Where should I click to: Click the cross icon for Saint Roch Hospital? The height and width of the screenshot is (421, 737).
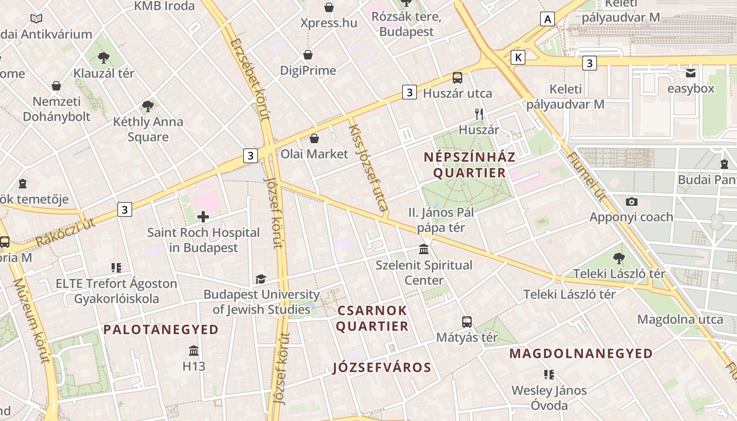pyautogui.click(x=203, y=216)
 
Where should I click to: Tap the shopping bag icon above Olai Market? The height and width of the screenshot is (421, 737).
pyautogui.click(x=314, y=138)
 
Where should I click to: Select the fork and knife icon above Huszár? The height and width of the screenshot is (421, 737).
pyautogui.click(x=479, y=114)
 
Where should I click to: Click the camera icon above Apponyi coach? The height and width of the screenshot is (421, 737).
pyautogui.click(x=631, y=202)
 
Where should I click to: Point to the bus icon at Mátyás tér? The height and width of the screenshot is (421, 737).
pyautogui.click(x=467, y=322)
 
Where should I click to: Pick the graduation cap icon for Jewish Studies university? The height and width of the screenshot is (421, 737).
pyautogui.click(x=261, y=279)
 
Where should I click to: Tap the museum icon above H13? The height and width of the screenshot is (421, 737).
pyautogui.click(x=194, y=350)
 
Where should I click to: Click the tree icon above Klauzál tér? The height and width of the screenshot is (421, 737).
pyautogui.click(x=104, y=57)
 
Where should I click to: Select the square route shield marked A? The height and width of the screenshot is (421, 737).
pyautogui.click(x=547, y=19)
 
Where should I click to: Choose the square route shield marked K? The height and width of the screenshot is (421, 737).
pyautogui.click(x=518, y=57)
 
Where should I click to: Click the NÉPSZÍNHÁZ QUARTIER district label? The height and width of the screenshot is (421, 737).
pyautogui.click(x=469, y=165)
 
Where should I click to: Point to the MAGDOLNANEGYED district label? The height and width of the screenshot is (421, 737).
pyautogui.click(x=581, y=354)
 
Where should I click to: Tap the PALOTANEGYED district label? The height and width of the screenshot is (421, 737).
pyautogui.click(x=161, y=330)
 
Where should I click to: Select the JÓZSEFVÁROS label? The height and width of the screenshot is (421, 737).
pyautogui.click(x=382, y=368)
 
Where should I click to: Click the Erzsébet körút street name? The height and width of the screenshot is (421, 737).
pyautogui.click(x=250, y=79)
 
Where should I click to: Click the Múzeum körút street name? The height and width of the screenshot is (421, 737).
pyautogui.click(x=32, y=321)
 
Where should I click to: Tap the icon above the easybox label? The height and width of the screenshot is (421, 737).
pyautogui.click(x=691, y=73)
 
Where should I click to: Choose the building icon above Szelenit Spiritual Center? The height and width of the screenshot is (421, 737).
pyautogui.click(x=424, y=249)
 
